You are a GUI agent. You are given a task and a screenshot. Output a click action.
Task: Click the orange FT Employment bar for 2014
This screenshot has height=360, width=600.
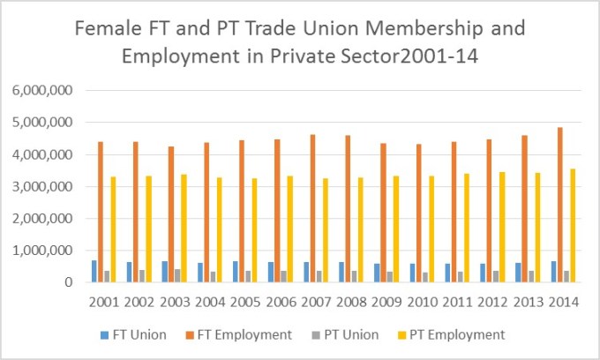(559, 205)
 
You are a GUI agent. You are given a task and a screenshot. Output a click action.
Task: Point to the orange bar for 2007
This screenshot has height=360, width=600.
(313, 208)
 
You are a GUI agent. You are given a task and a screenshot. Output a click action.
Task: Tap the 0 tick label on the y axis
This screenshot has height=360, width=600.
(66, 282)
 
